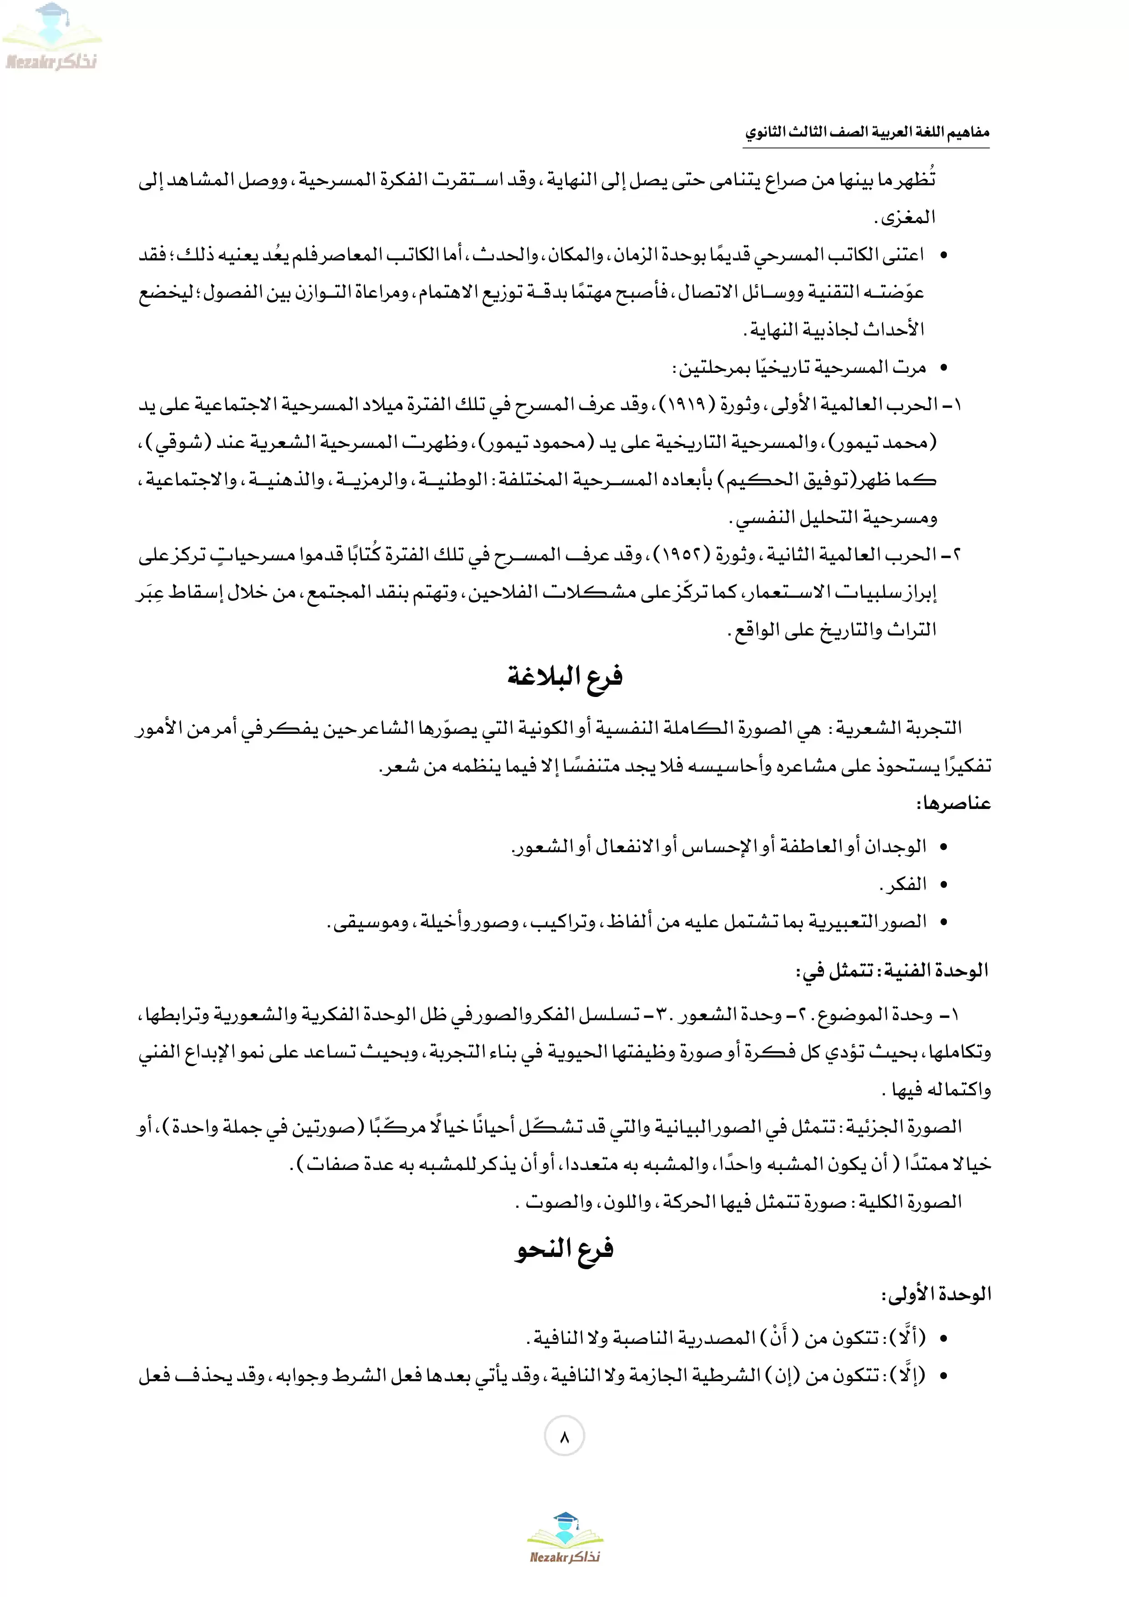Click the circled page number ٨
[564, 1436]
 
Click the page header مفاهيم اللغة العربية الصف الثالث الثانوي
[867, 132]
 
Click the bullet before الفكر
[944, 885]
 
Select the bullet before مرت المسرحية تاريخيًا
[944, 367]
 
